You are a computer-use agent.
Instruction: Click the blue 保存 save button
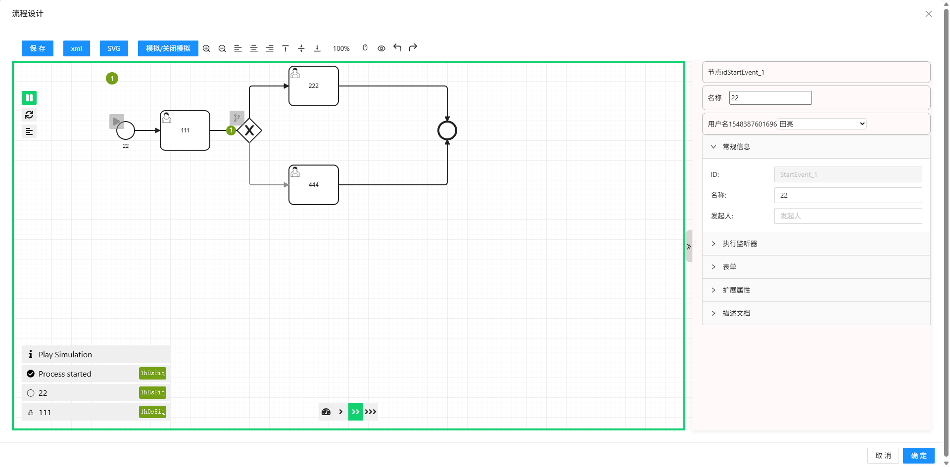pyautogui.click(x=38, y=48)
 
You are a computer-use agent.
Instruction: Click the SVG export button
pyautogui.click(x=114, y=48)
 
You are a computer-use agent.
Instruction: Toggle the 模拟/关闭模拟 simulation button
pyautogui.click(x=168, y=48)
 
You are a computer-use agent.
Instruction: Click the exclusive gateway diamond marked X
pyautogui.click(x=249, y=130)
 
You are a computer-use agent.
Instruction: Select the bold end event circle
pyautogui.click(x=447, y=131)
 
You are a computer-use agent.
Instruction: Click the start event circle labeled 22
pyautogui.click(x=126, y=130)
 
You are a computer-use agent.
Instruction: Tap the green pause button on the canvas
pyautogui.click(x=29, y=98)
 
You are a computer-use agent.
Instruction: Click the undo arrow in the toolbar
pyautogui.click(x=397, y=48)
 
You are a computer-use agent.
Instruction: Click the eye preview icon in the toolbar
pyautogui.click(x=381, y=48)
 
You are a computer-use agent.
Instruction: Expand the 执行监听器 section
pyautogui.click(x=740, y=244)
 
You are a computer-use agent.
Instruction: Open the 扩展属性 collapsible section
pyautogui.click(x=736, y=290)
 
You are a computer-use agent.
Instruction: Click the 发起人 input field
pyautogui.click(x=848, y=216)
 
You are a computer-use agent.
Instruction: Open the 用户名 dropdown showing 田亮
pyautogui.click(x=822, y=124)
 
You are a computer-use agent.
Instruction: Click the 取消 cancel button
pyautogui.click(x=883, y=456)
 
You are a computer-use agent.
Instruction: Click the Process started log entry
pyautogui.click(x=65, y=374)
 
